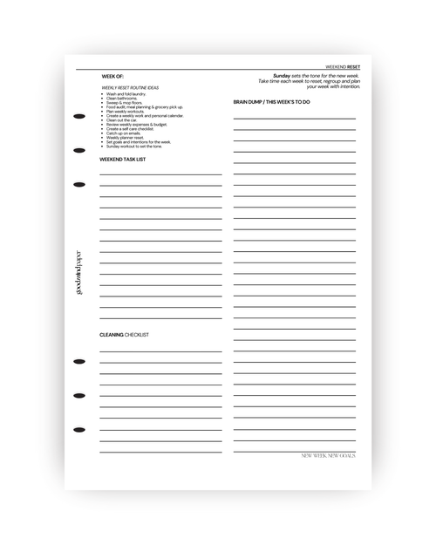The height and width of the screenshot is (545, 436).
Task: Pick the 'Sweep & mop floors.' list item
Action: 124,103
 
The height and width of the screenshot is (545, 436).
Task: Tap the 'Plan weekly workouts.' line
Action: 126,112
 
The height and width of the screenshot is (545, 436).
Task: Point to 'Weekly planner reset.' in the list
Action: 126,137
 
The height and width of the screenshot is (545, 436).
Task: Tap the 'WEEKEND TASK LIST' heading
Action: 122,160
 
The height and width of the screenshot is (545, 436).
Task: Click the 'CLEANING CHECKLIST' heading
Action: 124,335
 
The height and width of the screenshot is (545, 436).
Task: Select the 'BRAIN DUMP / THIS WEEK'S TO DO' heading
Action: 271,102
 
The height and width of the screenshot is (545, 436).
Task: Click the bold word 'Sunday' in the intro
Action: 281,76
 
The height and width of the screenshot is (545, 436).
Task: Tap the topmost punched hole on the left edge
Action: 79,115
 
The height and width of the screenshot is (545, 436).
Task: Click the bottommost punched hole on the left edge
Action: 79,430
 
